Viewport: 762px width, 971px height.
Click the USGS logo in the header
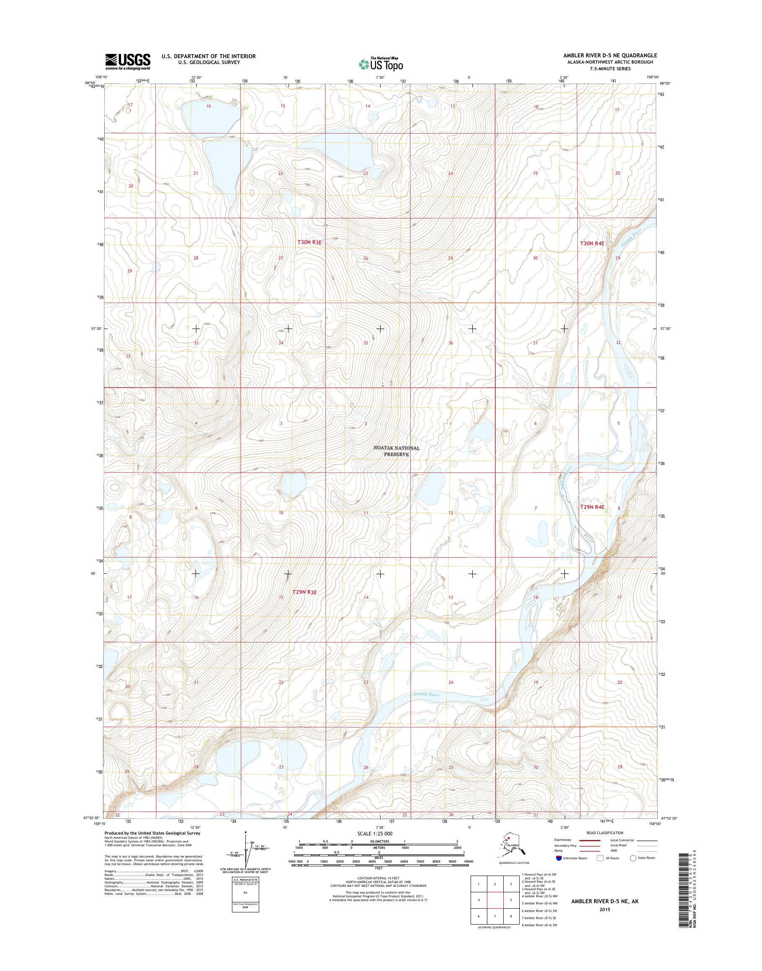click(x=128, y=62)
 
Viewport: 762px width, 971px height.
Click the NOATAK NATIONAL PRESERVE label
click(x=396, y=451)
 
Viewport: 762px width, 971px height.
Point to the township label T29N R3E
click(x=304, y=592)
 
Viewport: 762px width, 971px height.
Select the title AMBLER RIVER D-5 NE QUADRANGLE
click(x=610, y=56)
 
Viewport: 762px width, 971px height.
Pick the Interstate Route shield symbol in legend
click(x=559, y=858)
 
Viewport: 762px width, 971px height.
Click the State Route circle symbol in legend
click(x=633, y=858)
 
